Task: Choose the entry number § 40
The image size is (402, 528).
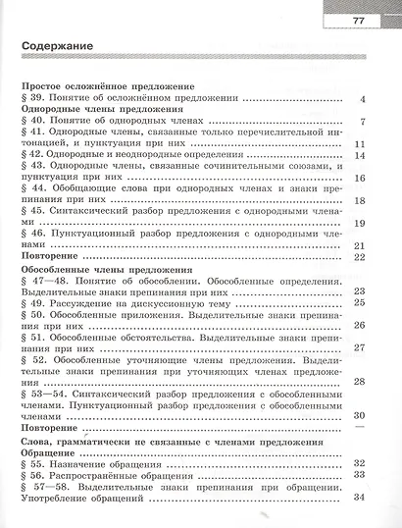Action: click(31, 123)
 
